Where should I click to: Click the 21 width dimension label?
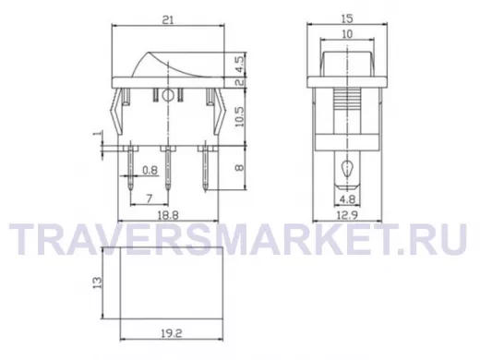pos(168,20)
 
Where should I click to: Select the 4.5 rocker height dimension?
pos(240,65)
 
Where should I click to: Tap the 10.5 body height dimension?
pos(240,116)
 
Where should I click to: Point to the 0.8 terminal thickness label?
pos(150,170)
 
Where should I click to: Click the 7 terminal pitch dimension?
pos(150,198)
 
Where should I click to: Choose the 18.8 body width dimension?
pos(168,215)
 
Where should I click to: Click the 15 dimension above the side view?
pos(347,18)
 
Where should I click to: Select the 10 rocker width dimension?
pos(347,34)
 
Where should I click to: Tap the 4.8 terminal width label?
pos(347,199)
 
